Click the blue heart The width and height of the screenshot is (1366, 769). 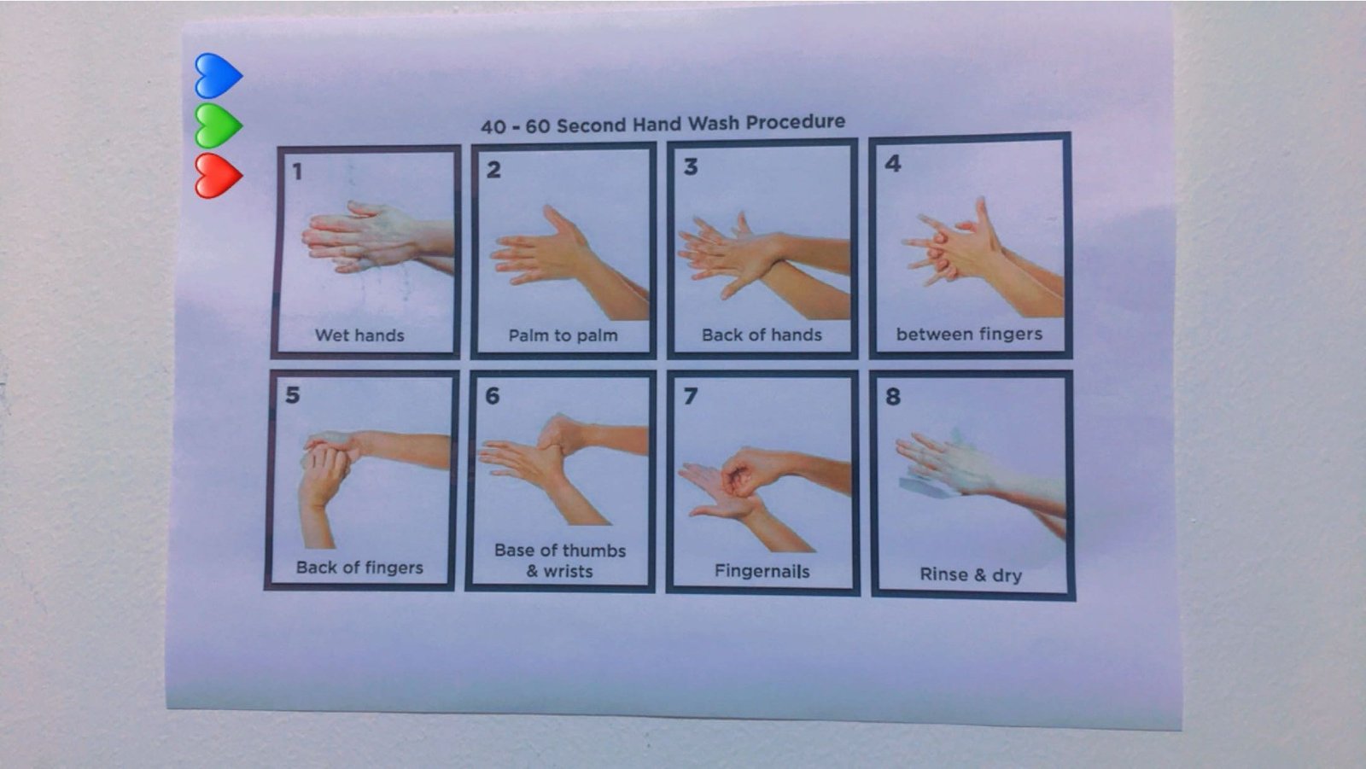tap(219, 76)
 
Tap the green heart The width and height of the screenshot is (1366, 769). tap(219, 126)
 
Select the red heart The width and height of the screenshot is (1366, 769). tap(219, 176)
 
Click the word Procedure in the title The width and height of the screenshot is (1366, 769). tap(795, 122)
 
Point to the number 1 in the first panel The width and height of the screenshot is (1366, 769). tap(297, 172)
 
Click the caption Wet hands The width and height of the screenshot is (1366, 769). tap(359, 335)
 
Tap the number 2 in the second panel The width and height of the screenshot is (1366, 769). tap(493, 170)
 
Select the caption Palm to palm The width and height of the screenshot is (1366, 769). tap(563, 335)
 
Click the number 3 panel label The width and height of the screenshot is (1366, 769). tap(691, 166)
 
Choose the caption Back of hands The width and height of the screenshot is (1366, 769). tap(762, 335)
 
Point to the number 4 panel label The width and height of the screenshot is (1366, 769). tap(893, 163)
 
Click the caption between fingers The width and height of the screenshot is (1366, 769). tap(969, 335)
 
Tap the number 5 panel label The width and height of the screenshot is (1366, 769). tap(293, 395)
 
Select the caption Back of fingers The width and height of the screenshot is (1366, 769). tap(359, 568)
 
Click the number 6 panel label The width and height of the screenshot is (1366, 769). tap(492, 396)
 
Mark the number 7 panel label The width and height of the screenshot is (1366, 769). tap(691, 396)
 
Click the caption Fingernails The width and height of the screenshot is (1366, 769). tap(762, 571)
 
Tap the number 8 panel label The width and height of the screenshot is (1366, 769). tap(893, 396)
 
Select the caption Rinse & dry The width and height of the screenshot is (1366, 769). tap(971, 575)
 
